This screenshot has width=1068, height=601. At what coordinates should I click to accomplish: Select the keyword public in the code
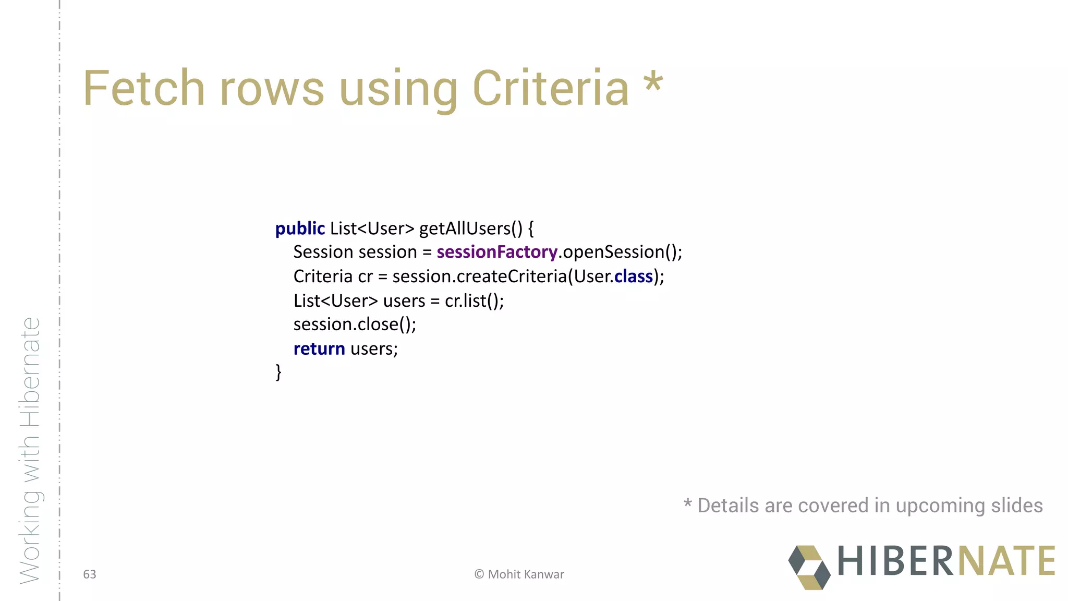click(300, 229)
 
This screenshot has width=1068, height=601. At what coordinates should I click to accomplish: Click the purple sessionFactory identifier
click(496, 252)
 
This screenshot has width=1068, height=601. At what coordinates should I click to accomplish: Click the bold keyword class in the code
click(634, 277)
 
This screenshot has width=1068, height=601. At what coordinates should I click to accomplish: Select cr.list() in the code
click(474, 301)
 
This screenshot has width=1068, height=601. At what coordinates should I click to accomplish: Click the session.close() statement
click(355, 324)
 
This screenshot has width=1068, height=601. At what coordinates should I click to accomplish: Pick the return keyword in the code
click(319, 348)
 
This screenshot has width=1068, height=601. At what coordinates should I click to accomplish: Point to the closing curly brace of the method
click(278, 372)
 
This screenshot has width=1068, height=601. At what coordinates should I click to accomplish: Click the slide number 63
click(90, 574)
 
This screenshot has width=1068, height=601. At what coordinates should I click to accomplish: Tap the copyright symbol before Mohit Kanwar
click(479, 574)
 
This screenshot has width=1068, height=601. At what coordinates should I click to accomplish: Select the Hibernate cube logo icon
click(809, 567)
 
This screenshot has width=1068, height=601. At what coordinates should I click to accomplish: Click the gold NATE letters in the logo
click(1006, 561)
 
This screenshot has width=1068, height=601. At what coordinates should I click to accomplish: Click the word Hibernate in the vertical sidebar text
click(30, 372)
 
